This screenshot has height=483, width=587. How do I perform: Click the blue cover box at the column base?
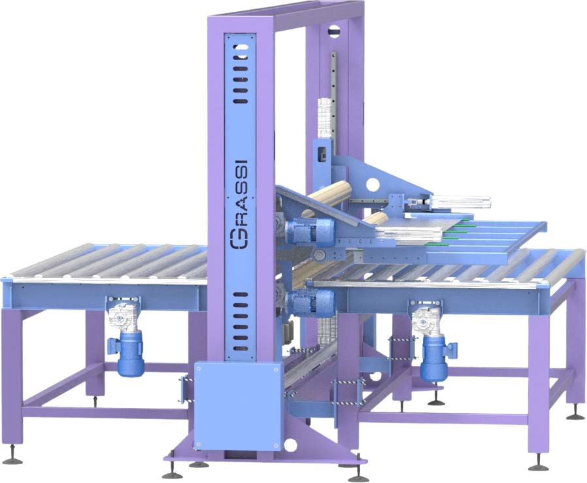pyautogui.click(x=237, y=405)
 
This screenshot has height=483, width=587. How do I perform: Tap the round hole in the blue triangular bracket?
pyautogui.click(x=373, y=184)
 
